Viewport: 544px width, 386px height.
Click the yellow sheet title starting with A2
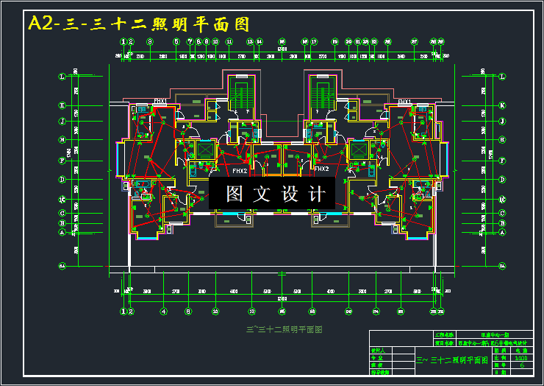pos(139,24)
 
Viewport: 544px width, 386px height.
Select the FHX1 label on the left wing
pos(160,101)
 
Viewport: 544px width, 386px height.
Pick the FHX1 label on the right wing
pos(404,101)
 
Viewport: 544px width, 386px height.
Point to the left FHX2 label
pos(240,171)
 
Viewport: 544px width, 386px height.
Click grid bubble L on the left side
pos(62,75)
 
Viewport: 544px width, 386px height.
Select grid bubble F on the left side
pos(62,160)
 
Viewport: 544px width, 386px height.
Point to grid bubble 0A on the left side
pos(62,265)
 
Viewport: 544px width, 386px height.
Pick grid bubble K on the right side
pos(503,105)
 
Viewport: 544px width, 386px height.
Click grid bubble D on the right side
pos(503,179)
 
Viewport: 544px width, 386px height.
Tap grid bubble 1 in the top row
pos(123,42)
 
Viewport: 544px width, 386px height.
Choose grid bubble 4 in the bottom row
pos(164,311)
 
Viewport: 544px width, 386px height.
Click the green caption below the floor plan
pos(283,329)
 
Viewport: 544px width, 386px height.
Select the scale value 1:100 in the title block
pos(522,357)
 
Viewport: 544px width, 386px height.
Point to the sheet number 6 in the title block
pos(522,365)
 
